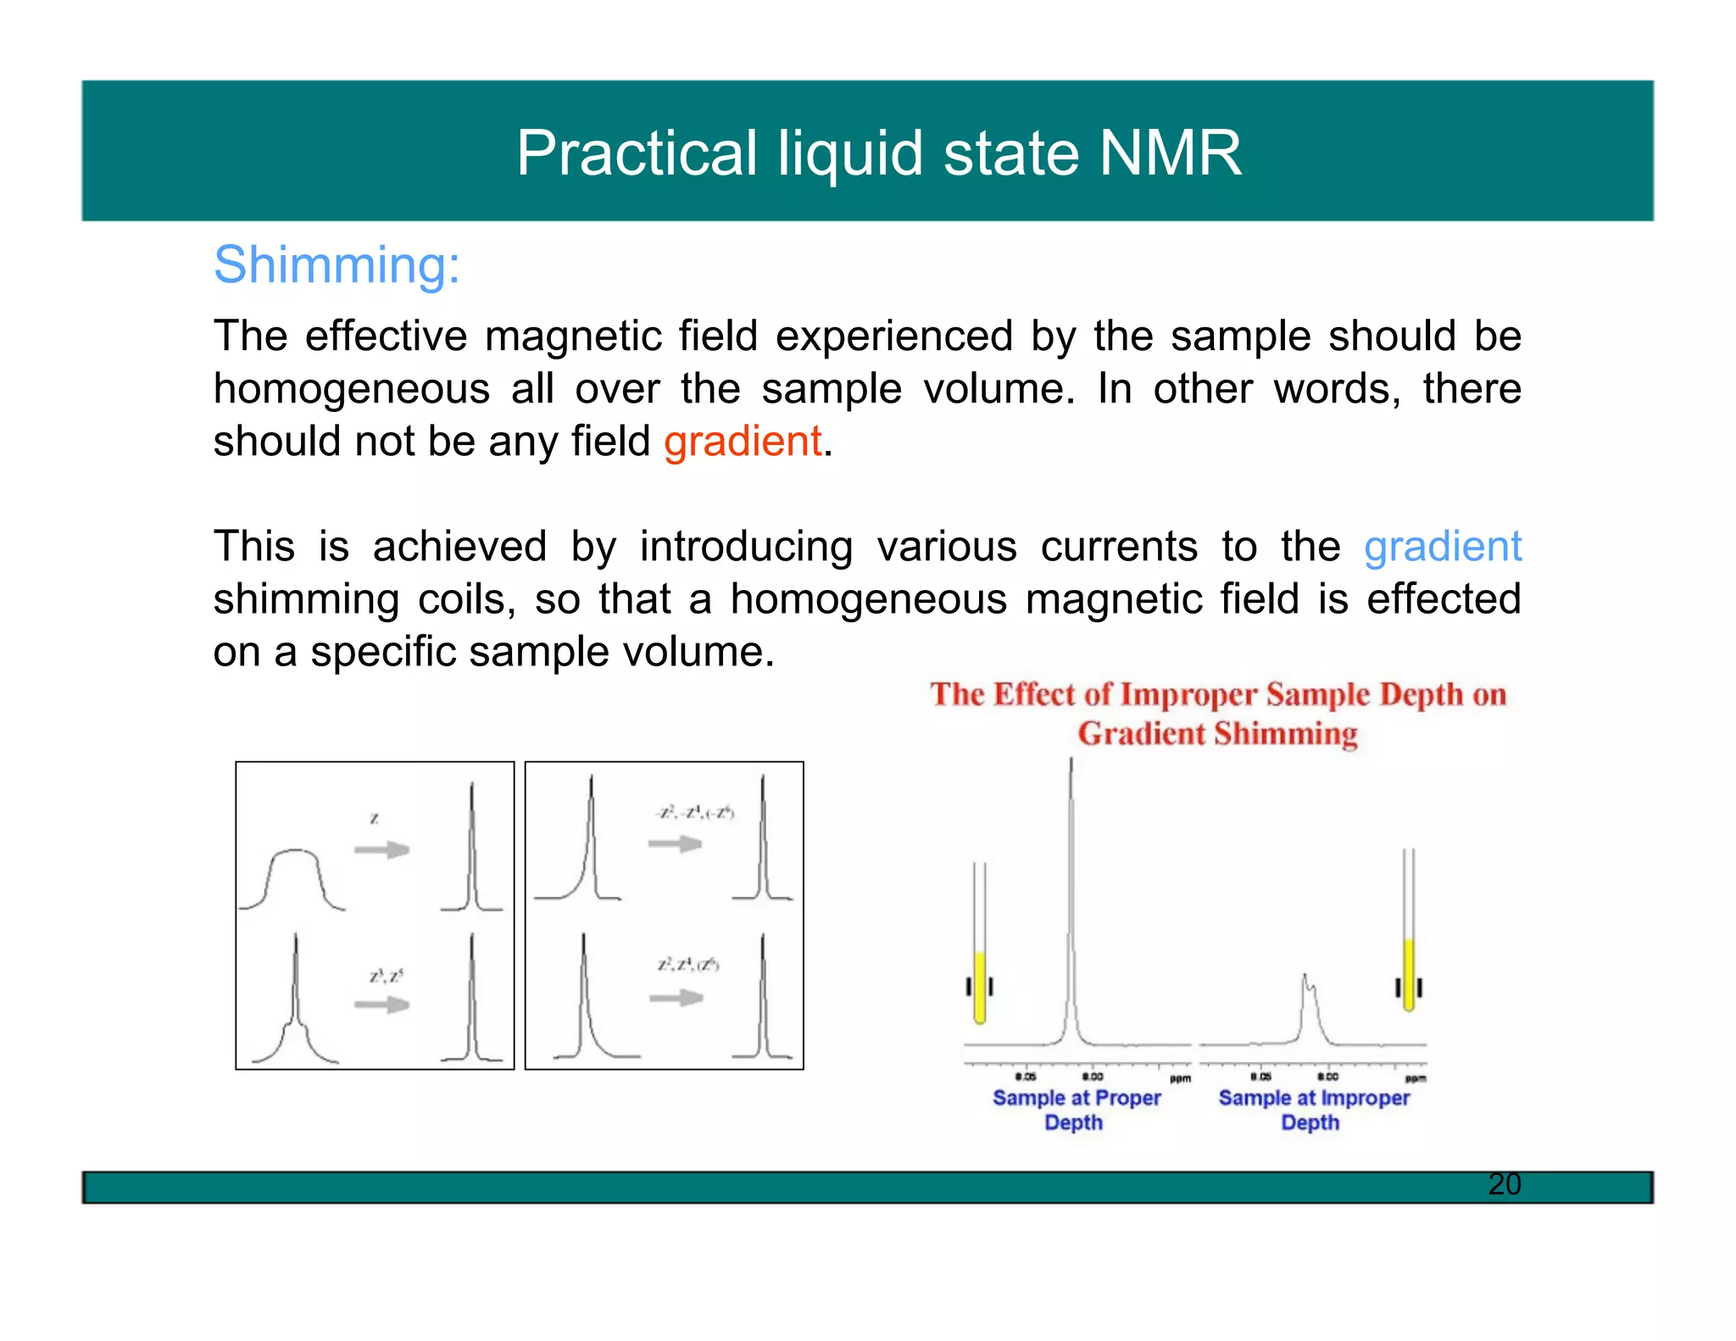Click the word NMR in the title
(x=1170, y=153)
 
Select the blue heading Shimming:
(x=337, y=264)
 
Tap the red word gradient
(x=743, y=442)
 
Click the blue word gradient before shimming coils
(x=1442, y=547)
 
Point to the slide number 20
(x=1504, y=1184)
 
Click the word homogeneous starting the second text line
(x=351, y=389)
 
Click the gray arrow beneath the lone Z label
(x=381, y=849)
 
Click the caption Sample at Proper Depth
(x=1076, y=1110)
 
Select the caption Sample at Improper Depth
(x=1313, y=1110)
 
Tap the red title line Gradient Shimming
(x=1217, y=734)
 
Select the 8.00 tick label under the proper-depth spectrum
(x=1092, y=1077)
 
